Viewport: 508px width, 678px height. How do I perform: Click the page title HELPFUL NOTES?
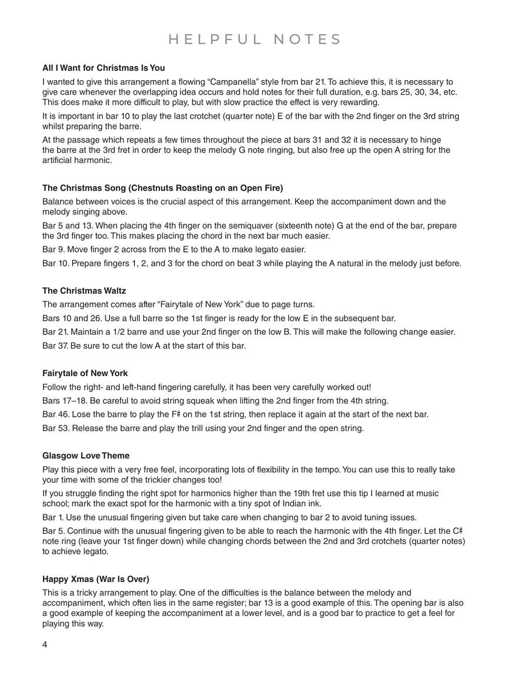point(255,39)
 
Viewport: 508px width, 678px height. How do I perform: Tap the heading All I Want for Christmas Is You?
point(103,68)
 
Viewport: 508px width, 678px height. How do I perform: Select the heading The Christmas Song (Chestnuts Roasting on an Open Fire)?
point(162,188)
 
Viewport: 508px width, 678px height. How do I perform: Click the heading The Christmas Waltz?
point(84,291)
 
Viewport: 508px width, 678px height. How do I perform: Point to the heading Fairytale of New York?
point(85,373)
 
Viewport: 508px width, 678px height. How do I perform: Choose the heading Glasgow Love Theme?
point(86,456)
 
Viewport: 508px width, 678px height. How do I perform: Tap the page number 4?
point(45,644)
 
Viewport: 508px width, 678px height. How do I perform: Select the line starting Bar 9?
point(174,250)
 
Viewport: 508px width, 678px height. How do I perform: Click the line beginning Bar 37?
point(144,345)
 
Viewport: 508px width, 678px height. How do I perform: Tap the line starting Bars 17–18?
point(215,401)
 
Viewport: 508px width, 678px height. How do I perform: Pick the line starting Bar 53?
point(203,428)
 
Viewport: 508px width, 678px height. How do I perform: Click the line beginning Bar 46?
point(235,414)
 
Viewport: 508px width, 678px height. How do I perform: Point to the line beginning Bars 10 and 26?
point(219,318)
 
